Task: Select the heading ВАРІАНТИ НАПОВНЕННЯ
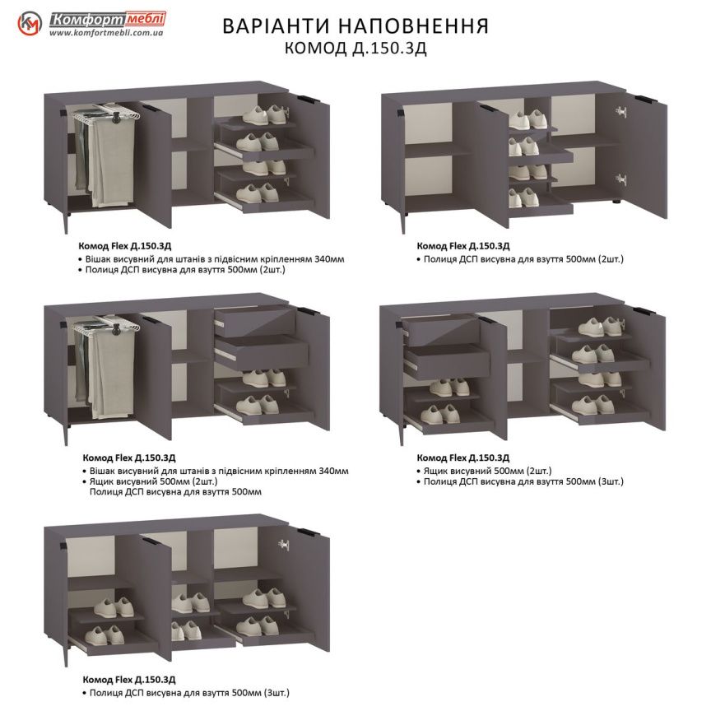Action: [355, 26]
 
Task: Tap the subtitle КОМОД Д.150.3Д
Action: [355, 48]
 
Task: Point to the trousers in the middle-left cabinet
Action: [107, 362]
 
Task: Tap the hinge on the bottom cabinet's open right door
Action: [285, 544]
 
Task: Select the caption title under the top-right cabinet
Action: [463, 246]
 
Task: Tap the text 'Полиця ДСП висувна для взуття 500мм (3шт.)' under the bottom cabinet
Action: [187, 692]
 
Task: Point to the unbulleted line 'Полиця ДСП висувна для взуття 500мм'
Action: [175, 491]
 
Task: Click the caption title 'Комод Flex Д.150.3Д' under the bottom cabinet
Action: [128, 681]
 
